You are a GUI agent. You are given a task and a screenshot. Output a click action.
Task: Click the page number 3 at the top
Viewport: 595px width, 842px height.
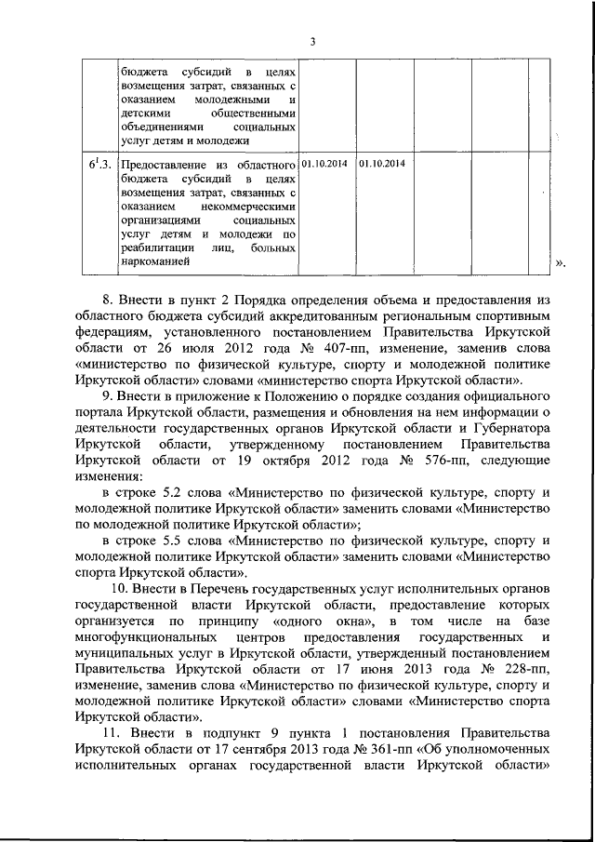tap(313, 41)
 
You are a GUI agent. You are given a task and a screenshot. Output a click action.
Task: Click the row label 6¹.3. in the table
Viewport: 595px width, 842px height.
tap(100, 166)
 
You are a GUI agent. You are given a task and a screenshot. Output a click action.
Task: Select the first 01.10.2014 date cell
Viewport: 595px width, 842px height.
tap(325, 164)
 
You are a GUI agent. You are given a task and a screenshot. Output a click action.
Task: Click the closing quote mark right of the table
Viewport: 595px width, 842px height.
tap(560, 263)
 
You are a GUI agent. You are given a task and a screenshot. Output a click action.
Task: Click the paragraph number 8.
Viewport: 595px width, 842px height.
tap(107, 302)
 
